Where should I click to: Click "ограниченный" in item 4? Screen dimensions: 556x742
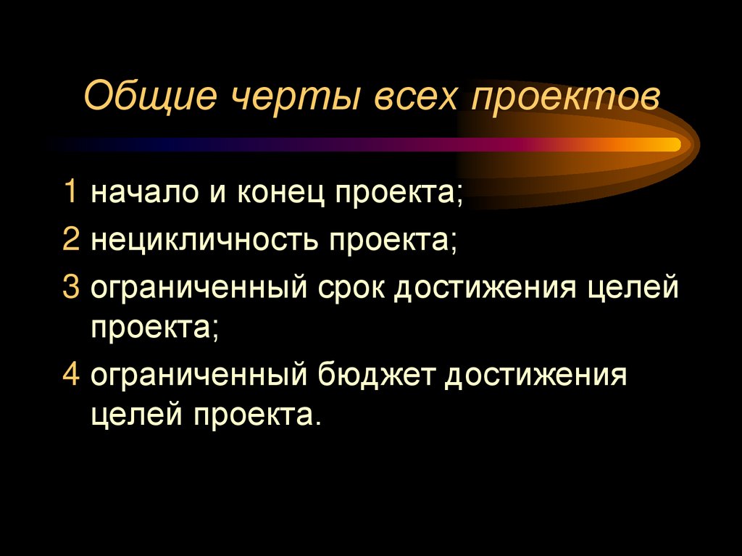196,377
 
